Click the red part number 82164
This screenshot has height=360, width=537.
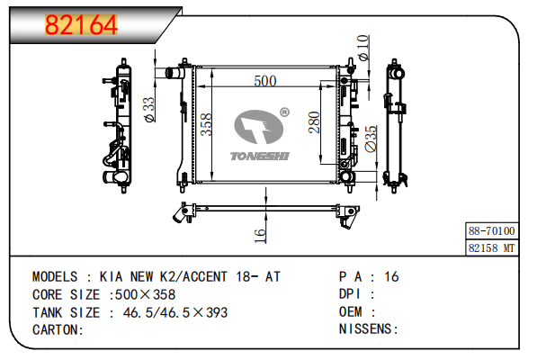click(81, 24)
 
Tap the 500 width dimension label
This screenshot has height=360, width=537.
click(265, 81)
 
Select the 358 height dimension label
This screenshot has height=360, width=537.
click(207, 125)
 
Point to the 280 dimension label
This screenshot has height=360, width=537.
click(314, 122)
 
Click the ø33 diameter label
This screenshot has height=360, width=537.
click(149, 109)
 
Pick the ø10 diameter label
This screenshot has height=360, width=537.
click(363, 48)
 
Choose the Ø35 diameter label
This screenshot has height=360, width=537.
click(371, 139)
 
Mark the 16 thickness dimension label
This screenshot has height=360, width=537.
click(260, 236)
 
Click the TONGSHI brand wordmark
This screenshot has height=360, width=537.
click(260, 157)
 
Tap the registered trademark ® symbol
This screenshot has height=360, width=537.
click(284, 112)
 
